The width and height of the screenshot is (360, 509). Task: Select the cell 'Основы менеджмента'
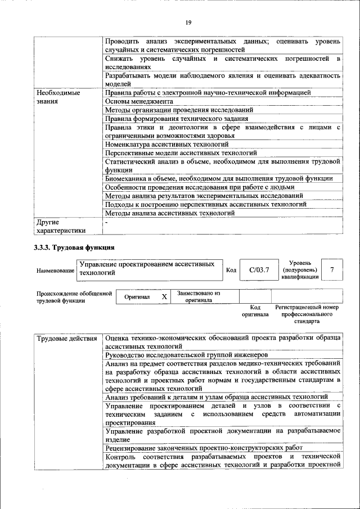(139, 101)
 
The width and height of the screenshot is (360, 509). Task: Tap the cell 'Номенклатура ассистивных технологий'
(167, 144)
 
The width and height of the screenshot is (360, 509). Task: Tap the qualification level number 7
(332, 270)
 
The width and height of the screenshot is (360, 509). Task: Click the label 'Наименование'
(56, 271)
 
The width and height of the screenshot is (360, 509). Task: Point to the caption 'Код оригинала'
(255, 311)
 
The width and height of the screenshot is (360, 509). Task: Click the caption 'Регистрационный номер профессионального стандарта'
(307, 314)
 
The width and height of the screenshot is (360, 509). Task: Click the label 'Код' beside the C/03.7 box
(231, 271)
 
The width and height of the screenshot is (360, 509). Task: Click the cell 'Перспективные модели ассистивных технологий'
(181, 152)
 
